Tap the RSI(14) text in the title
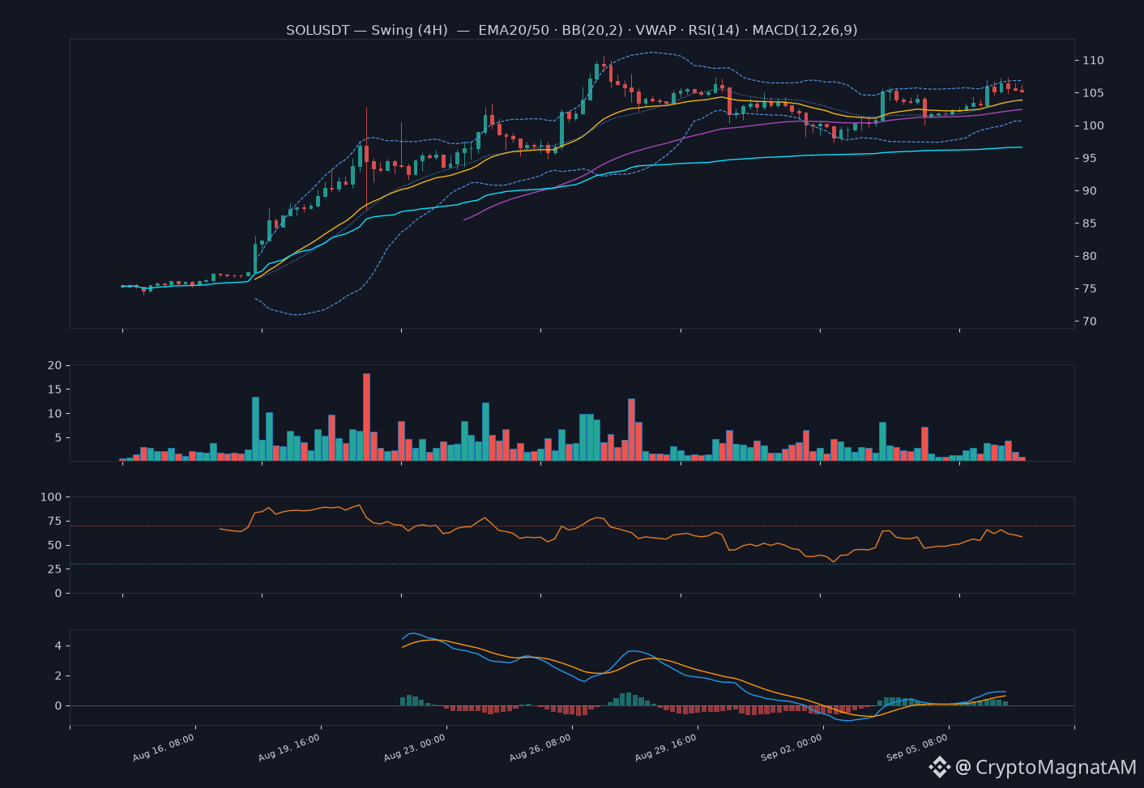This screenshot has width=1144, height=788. click(x=714, y=30)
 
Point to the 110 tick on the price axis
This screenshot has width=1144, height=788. click(x=1093, y=60)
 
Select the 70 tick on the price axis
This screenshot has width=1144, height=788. click(x=1090, y=321)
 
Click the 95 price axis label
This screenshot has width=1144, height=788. click(x=1090, y=158)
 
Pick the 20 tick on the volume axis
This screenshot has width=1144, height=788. click(x=54, y=365)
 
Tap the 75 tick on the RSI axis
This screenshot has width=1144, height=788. click(x=54, y=521)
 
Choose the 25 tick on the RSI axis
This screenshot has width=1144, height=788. click(x=54, y=569)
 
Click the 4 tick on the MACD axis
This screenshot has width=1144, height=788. click(x=58, y=645)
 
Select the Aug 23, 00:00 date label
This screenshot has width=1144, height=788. click(x=415, y=748)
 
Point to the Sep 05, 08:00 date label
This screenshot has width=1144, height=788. click(x=917, y=748)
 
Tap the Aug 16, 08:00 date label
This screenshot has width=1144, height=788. click(x=164, y=748)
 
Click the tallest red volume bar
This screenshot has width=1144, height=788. click(x=367, y=417)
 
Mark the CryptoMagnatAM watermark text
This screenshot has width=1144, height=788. click(x=1056, y=767)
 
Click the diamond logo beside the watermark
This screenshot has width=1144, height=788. click(x=940, y=767)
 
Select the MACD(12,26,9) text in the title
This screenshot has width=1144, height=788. click(x=805, y=30)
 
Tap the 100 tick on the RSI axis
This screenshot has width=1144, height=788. click(x=51, y=497)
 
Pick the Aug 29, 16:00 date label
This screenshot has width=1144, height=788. click(x=666, y=748)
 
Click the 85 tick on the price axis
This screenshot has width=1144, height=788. click(x=1090, y=224)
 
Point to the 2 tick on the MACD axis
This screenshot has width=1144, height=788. click(x=58, y=675)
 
